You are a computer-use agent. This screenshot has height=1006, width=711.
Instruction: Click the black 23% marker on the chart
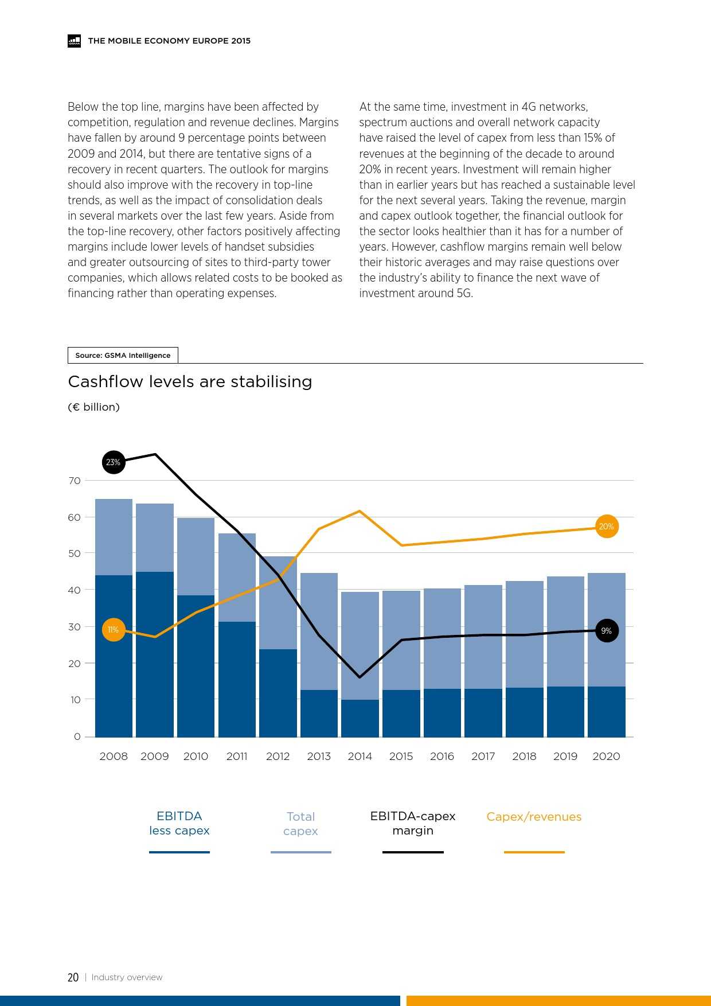[x=114, y=462]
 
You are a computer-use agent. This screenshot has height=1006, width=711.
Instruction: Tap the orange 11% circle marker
[x=114, y=630]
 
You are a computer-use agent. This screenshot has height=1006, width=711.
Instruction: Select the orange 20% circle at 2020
[x=606, y=527]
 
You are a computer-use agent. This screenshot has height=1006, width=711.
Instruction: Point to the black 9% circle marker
[x=606, y=631]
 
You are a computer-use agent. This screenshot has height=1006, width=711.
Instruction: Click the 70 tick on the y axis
[x=75, y=481]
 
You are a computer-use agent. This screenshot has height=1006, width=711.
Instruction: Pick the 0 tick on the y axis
[x=77, y=736]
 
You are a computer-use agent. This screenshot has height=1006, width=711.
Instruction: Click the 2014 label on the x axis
[x=360, y=757]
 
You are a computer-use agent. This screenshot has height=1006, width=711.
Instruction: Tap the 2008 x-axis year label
[x=114, y=757]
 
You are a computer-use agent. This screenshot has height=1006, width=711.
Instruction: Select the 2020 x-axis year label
[x=606, y=757]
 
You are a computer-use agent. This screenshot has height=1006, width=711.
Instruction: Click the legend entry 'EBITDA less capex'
[x=179, y=824]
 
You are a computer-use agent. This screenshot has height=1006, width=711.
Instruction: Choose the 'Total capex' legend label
[x=300, y=824]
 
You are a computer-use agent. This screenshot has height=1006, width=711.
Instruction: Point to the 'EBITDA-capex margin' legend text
[x=413, y=824]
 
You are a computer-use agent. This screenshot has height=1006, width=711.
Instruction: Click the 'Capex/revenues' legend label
[x=534, y=817]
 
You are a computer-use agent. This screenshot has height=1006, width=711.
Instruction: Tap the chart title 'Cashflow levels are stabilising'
[x=190, y=382]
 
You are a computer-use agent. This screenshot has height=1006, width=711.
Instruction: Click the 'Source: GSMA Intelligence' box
[x=123, y=356]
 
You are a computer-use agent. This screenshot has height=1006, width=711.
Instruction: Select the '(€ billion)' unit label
[x=93, y=407]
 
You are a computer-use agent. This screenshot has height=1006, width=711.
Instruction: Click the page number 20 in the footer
[x=73, y=977]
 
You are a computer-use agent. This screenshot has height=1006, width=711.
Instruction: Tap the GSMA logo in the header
[x=75, y=41]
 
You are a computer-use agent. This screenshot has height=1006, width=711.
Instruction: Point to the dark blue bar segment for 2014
[x=360, y=718]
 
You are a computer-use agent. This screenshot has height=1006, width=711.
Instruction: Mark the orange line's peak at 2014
[x=360, y=511]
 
